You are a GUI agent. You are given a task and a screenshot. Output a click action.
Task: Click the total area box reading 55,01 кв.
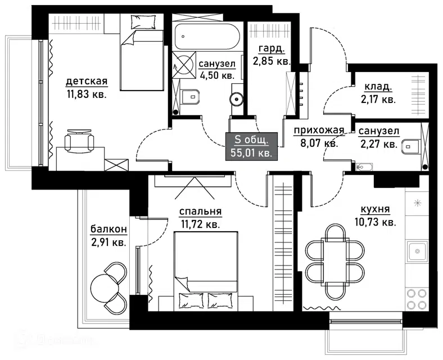pyautogui.click(x=251, y=146)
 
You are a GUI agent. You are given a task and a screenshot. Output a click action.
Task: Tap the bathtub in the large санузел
pyautogui.click(x=207, y=37)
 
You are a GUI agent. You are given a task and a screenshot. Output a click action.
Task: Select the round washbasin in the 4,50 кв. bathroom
pyautogui.click(x=236, y=99)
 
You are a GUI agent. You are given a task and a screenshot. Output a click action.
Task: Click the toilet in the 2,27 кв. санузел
pyautogui.click(x=410, y=146)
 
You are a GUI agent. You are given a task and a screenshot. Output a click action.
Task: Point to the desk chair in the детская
pyautogui.click(x=79, y=139)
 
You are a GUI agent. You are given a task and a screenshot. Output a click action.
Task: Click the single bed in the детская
pyautogui.click(x=142, y=52)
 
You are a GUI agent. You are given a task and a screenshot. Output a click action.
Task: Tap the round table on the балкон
pyautogui.click(x=103, y=288)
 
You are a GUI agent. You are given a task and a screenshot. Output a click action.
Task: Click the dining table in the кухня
pyautogui.click(x=335, y=262)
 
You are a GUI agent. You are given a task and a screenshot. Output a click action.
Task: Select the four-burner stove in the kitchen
pyautogui.click(x=417, y=299)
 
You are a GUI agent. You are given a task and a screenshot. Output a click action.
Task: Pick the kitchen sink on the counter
pyautogui.click(x=417, y=251)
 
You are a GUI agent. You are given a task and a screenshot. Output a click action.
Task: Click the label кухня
pyautogui.click(x=376, y=209)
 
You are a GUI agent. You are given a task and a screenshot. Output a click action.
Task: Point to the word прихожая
pyautogui.click(x=319, y=130)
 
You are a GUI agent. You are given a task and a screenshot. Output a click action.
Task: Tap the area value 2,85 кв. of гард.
pyautogui.click(x=272, y=61)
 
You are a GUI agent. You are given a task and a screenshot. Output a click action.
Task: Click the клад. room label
pyautogui.click(x=378, y=87)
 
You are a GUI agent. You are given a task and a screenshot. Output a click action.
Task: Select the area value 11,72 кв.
pyautogui.click(x=200, y=224)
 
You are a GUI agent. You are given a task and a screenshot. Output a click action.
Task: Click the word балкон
pyautogui.click(x=109, y=229)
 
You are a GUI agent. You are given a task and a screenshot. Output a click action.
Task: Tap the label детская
pyautogui.click(x=87, y=82)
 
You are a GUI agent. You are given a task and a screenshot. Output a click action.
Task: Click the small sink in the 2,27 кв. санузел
pyautogui.click(x=364, y=167)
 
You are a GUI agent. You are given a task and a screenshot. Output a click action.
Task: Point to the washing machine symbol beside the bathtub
pyautogui.click(x=184, y=65)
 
